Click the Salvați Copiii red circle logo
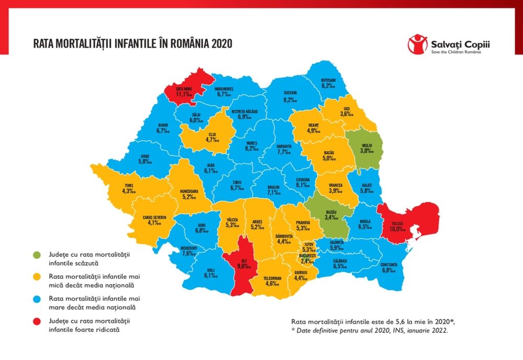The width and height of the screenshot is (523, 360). click(x=417, y=43)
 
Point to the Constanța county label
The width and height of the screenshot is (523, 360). click(x=388, y=265)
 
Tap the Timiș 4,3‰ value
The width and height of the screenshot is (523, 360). click(x=129, y=192)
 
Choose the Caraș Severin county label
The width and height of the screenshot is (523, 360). click(x=154, y=217)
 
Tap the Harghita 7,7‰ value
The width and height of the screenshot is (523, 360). click(x=283, y=152)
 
